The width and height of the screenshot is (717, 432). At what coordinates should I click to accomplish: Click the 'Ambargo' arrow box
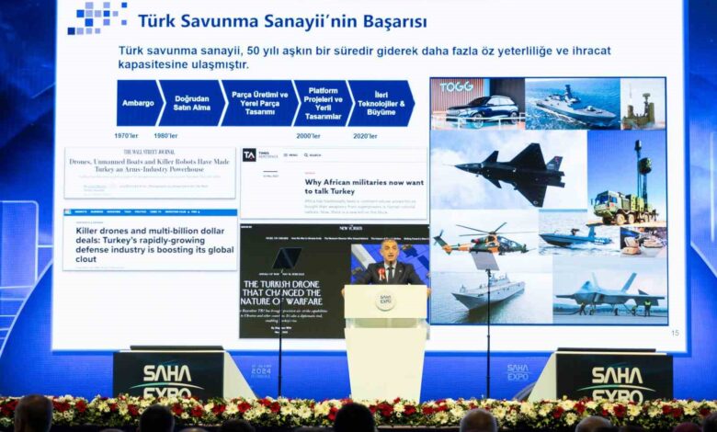(138, 103)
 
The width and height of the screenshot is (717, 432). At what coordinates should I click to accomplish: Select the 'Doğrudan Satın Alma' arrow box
(191, 103)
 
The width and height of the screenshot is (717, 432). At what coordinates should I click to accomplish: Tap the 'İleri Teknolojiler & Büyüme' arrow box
(380, 103)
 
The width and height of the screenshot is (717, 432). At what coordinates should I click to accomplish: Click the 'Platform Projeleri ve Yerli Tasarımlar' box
(323, 103)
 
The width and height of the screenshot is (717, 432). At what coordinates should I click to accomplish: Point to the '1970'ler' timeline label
(127, 136)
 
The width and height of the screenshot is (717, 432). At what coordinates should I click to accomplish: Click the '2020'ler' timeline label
(365, 136)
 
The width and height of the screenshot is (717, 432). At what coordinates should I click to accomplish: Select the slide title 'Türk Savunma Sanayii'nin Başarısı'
(282, 20)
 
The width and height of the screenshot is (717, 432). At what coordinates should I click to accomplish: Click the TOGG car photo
(477, 103)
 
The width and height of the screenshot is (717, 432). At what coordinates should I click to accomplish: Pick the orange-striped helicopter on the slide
(481, 241)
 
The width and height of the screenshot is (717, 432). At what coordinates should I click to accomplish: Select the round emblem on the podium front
(384, 301)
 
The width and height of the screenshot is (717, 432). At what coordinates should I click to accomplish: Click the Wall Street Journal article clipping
(150, 172)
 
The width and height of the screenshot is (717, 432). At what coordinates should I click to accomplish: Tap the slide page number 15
(676, 333)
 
